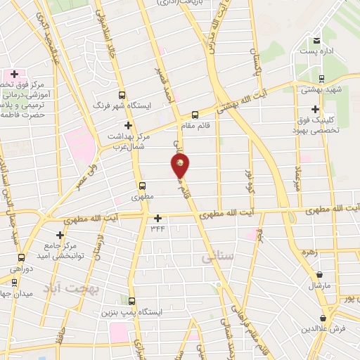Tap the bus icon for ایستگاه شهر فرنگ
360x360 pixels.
point(122,95)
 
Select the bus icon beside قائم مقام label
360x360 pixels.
point(195,115)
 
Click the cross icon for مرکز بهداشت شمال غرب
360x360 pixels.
point(127,124)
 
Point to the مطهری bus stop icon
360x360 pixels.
point(143,187)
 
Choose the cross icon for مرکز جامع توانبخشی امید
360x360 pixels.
point(60,234)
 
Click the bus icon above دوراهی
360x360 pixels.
point(22,257)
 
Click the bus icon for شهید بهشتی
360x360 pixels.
point(321,79)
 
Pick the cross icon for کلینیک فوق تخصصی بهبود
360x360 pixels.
point(315,109)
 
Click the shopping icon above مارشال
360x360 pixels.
point(320,275)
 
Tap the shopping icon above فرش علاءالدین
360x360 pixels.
point(324,318)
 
